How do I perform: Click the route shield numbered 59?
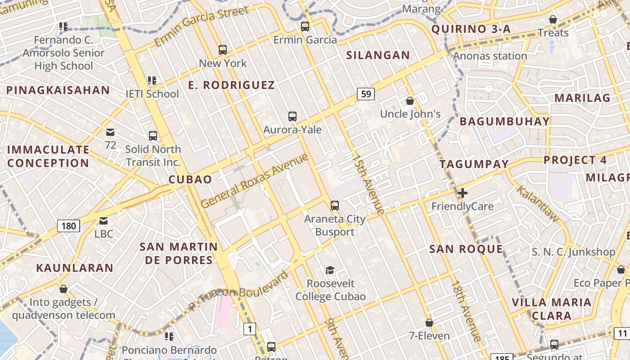coord(366,94)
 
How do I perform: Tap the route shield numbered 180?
coord(68,225)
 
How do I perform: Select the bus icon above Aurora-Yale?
coord(292,117)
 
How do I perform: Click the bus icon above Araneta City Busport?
coord(334,206)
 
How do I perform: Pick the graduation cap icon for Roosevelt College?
coord(330,270)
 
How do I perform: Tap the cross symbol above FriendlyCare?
coord(462,193)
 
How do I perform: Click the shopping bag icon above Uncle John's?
coord(410,101)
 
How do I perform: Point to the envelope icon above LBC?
coord(103,220)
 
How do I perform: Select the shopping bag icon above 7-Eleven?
coord(429,323)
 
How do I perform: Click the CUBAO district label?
coord(190,180)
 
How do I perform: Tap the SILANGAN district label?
coord(378,55)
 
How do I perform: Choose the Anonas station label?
coord(490,56)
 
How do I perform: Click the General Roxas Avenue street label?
coord(255,180)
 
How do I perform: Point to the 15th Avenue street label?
coord(369,185)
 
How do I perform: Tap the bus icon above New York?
coord(223,50)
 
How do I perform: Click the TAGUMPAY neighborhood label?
coord(474,164)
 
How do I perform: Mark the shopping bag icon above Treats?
coord(553,19)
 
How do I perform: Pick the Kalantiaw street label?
coord(537,203)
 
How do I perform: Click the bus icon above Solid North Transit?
coord(153,135)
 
